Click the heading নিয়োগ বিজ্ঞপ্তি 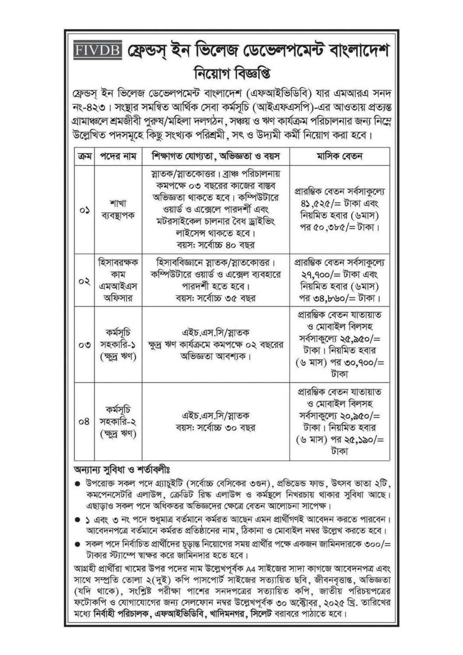pos(231,74)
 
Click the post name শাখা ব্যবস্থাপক pos(118,210)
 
